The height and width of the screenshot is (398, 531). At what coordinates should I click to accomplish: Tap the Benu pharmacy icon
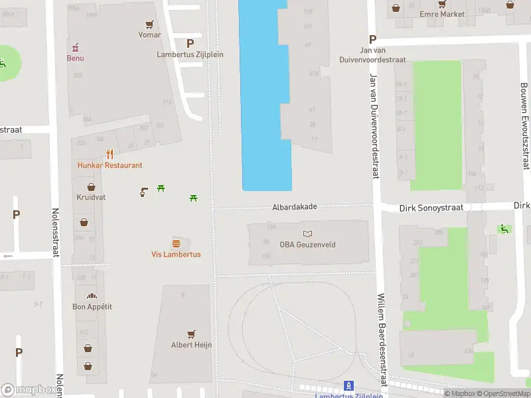(x=75, y=47)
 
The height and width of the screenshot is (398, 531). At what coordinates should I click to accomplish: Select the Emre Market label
(x=442, y=14)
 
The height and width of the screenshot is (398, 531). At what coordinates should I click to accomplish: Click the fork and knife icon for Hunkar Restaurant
(x=110, y=155)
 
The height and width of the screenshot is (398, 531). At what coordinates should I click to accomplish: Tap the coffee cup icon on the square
(x=143, y=192)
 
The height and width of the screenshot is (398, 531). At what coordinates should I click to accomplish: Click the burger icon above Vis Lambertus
(x=176, y=243)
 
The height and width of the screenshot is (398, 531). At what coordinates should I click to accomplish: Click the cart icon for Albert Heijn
(x=192, y=334)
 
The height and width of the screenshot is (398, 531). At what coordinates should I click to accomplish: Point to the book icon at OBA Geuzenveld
(x=307, y=233)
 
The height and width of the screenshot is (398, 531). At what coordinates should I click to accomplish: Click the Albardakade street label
(x=294, y=207)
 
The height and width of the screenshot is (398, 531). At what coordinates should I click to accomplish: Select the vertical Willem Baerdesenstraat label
(x=382, y=340)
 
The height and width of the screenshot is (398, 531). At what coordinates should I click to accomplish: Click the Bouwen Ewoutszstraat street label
(x=525, y=126)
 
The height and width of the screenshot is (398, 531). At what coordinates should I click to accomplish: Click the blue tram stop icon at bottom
(x=348, y=385)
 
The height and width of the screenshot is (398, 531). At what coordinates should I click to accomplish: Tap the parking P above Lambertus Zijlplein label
(x=190, y=43)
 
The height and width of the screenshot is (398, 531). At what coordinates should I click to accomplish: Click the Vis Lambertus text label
(x=176, y=254)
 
